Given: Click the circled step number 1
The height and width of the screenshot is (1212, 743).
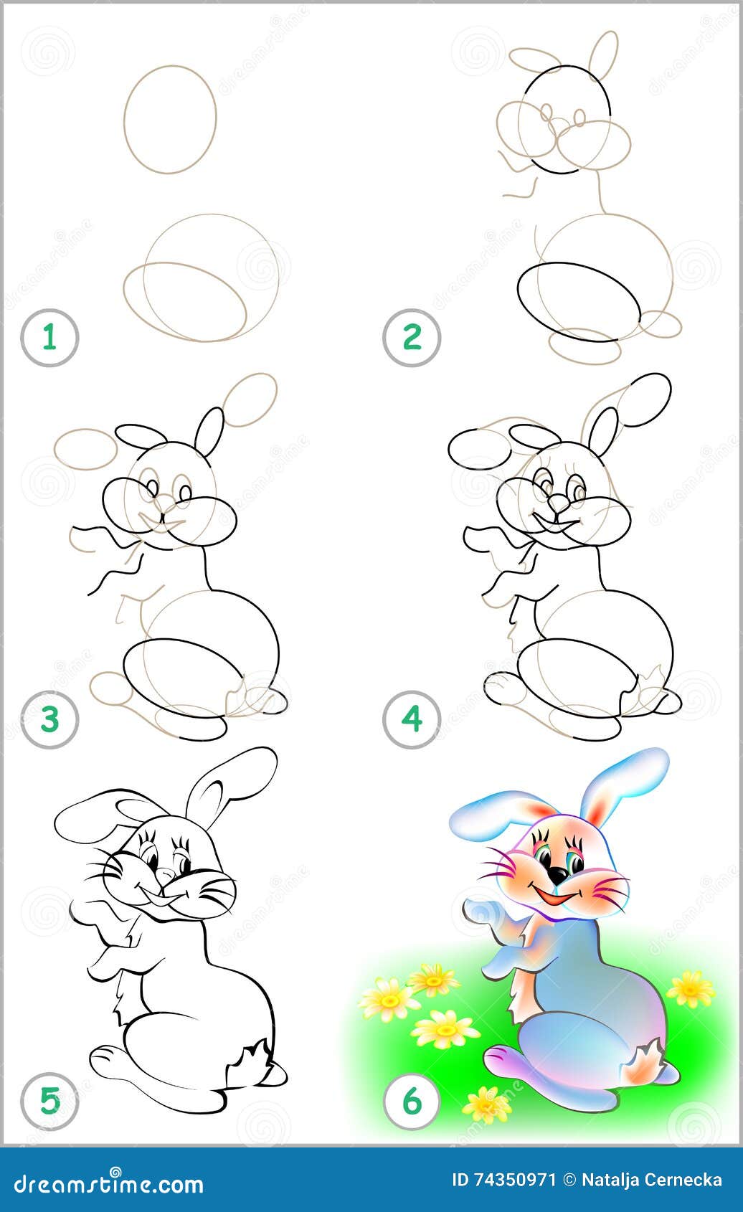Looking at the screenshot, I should click(49, 337).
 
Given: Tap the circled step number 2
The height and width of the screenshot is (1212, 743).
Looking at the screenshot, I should click(412, 337).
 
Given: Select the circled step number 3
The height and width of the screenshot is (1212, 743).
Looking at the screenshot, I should click(49, 719).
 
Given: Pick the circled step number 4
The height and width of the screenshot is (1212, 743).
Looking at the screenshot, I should click(412, 719).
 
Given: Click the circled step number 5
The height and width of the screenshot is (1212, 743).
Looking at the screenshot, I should click(49, 1101).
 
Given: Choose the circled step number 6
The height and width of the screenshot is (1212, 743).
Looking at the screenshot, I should click(412, 1101).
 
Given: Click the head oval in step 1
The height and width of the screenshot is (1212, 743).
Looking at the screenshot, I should click(170, 119).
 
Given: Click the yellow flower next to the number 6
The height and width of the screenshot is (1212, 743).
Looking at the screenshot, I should click(487, 1104).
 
